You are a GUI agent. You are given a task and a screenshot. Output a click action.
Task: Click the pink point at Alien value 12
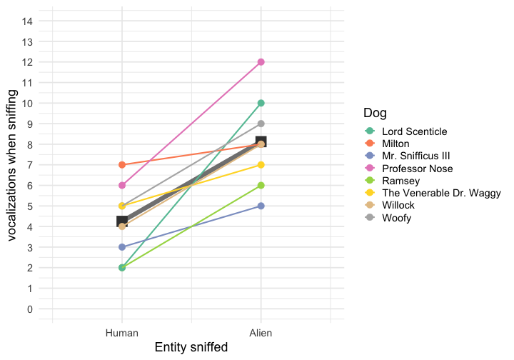[x=261, y=62]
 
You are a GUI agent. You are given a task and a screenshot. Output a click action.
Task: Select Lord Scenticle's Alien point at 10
[x=261, y=103]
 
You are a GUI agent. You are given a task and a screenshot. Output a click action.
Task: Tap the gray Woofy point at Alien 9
[x=261, y=124]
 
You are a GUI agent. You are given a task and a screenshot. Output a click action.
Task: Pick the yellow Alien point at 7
[x=261, y=165]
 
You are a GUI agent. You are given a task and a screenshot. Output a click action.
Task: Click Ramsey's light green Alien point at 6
[x=261, y=186]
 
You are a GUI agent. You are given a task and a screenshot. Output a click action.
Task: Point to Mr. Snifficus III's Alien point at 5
[x=261, y=206]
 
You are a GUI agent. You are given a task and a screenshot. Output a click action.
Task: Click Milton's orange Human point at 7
[x=122, y=165]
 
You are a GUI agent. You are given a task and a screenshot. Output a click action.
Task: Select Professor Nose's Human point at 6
[x=122, y=186]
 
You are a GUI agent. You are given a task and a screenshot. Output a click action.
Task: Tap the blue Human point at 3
[x=122, y=247]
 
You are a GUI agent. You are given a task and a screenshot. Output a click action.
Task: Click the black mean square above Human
[x=122, y=221]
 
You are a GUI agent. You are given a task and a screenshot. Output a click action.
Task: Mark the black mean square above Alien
[x=261, y=142]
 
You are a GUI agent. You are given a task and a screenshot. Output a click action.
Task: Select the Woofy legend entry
[x=396, y=218]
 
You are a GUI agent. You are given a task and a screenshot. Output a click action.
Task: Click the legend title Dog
[x=376, y=113]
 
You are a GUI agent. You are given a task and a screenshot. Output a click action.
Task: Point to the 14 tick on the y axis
[x=28, y=21]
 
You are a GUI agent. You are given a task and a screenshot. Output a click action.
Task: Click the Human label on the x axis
[x=122, y=333]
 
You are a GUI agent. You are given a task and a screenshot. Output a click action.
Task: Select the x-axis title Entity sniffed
[x=191, y=348]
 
